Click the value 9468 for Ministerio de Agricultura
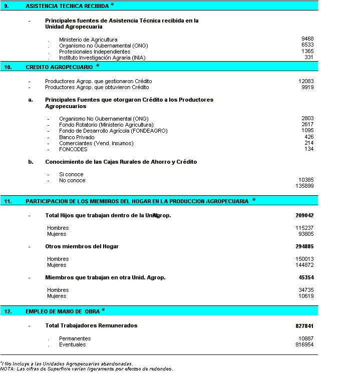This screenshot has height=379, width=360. point(307,39)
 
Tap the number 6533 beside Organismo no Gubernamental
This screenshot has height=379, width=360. point(307,45)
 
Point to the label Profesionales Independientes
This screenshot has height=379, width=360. point(95,52)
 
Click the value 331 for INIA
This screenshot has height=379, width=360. point(309,58)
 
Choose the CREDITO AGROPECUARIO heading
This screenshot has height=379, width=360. point(59,67)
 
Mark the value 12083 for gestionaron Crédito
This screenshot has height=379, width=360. point(306,81)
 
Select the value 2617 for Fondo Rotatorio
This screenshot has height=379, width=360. point(307,125)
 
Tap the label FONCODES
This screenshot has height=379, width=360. point(73,149)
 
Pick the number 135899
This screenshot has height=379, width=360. point(304,186)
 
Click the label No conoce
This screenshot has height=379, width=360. point(72,180)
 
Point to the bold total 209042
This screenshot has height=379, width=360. point(304,215)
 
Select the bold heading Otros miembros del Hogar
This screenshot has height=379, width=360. point(82,246)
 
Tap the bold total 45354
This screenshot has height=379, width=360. point(306,277)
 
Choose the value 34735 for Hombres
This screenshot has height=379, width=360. point(306,290)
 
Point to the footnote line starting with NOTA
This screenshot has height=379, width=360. point(86,369)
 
